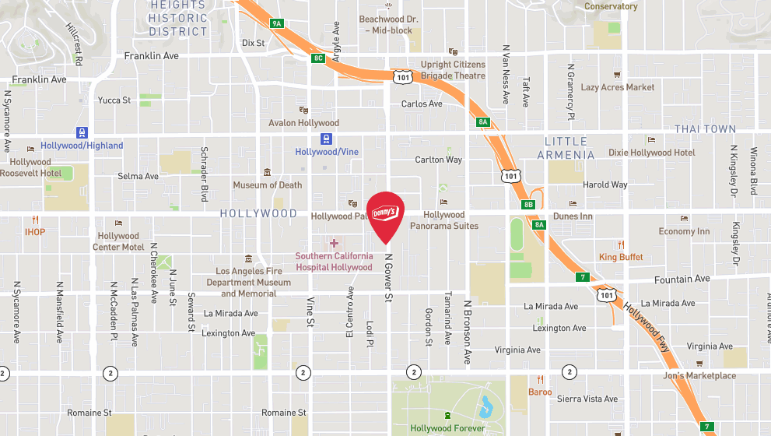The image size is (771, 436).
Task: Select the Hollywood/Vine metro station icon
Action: tap(327, 139)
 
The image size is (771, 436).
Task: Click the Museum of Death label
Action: tap(267, 185)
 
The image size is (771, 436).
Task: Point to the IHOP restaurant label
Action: tap(35, 232)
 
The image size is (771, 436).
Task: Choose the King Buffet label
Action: tap(621, 257)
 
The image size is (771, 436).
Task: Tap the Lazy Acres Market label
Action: tap(618, 88)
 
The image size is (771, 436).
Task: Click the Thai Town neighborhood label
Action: tap(705, 129)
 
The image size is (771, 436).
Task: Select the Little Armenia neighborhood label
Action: tap(566, 148)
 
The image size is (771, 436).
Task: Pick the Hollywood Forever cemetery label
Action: tap(447, 428)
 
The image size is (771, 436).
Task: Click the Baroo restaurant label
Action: tap(540, 392)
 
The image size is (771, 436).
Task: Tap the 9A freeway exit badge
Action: tap(276, 23)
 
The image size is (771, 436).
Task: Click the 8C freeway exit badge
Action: tap(318, 58)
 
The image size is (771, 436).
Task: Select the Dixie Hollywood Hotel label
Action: tap(651, 153)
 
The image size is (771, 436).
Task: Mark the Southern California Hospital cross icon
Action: tap(334, 243)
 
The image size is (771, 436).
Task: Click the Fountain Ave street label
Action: tap(681, 279)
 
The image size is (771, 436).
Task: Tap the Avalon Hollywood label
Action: tap(303, 123)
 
